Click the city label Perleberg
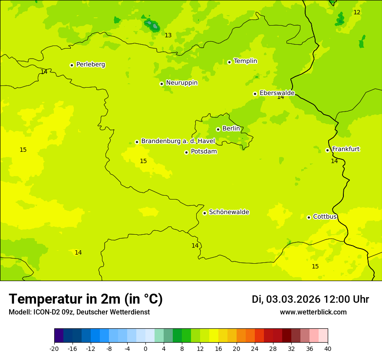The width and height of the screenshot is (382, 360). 90,65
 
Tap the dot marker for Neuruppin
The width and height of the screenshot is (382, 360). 161,84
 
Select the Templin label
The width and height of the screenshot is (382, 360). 245,61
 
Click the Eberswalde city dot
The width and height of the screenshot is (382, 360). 255,94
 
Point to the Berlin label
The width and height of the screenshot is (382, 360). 231,129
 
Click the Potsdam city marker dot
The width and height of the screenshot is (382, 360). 186,152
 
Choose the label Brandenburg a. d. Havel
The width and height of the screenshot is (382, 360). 178,141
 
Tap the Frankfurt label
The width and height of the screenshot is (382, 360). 346,149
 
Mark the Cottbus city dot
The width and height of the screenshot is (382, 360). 309,217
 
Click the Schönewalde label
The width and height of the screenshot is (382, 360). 229,212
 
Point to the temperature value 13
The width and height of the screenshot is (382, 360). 168,36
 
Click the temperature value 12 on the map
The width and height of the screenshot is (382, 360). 357,13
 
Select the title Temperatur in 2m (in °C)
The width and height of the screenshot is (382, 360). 86,299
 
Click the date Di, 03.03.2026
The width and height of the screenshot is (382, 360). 286,300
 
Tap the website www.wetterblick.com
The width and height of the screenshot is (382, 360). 313,312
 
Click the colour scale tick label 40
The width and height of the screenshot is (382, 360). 328,348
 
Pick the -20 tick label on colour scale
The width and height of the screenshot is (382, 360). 54,348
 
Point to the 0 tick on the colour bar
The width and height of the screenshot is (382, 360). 145,348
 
